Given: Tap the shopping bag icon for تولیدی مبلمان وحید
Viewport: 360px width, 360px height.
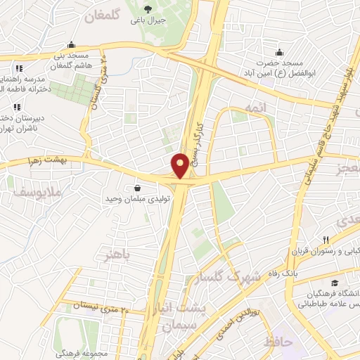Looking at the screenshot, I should click(136, 188).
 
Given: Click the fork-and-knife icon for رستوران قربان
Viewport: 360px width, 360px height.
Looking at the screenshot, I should click(325, 240).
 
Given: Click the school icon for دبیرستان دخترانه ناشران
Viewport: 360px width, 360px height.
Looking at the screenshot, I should click(16, 108).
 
